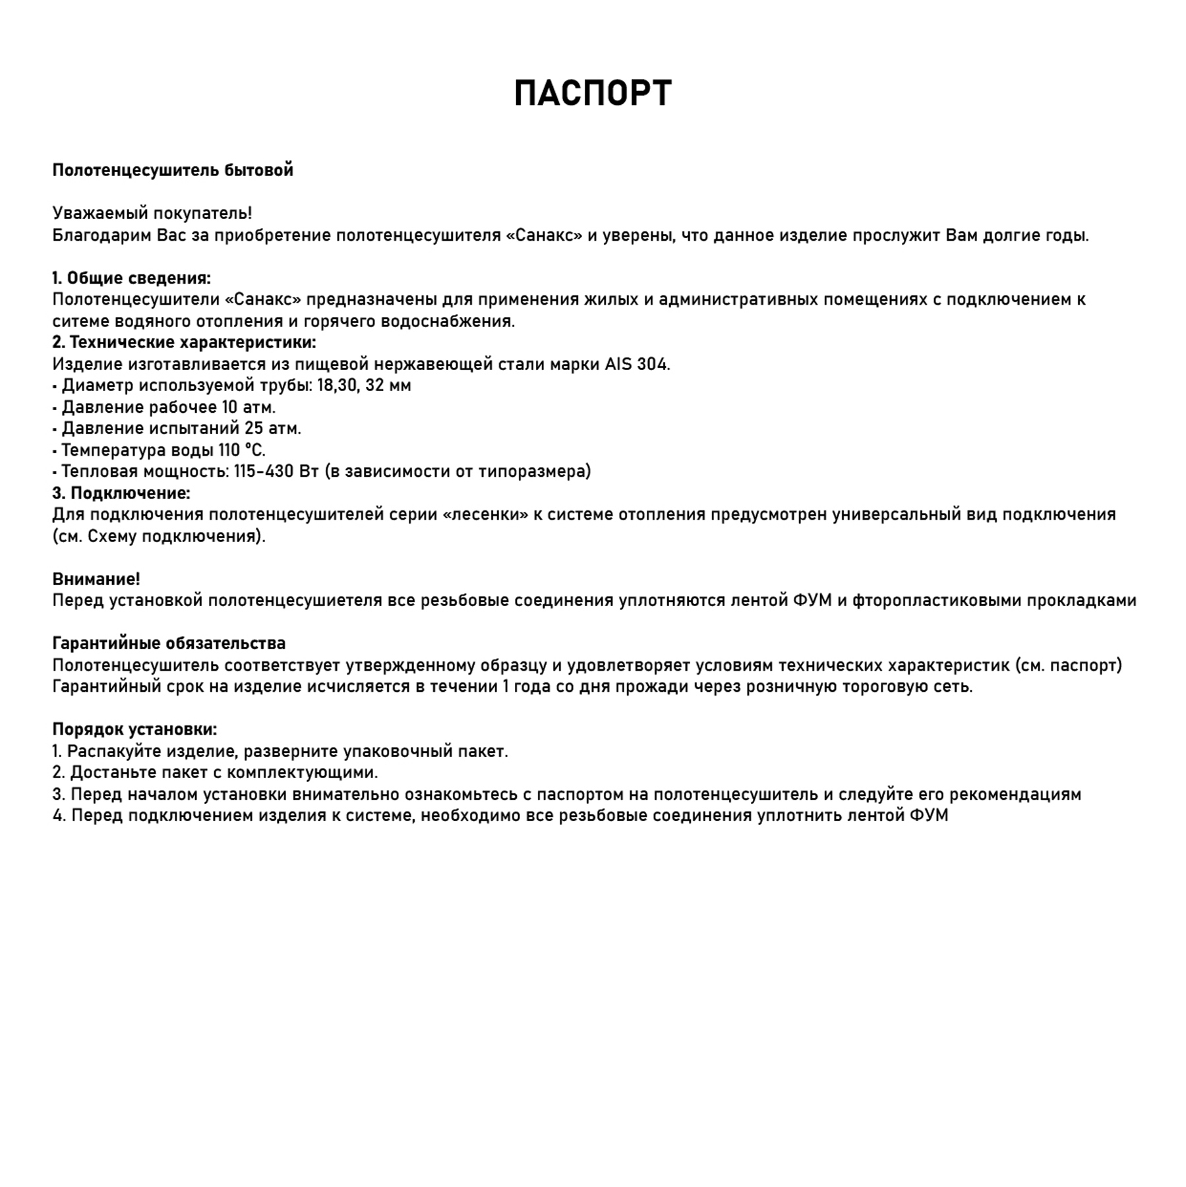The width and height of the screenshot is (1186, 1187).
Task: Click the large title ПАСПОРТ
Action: point(593,93)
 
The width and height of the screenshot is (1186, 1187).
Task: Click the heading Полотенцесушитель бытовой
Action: point(173,170)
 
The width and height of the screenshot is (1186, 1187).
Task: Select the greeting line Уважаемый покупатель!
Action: point(152,214)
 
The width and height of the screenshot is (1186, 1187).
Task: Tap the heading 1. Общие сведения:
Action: point(132,278)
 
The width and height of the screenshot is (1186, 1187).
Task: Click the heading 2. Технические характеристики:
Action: point(185,342)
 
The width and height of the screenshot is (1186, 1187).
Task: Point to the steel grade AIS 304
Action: point(637,364)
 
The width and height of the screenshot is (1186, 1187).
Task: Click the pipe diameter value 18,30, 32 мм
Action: point(364,385)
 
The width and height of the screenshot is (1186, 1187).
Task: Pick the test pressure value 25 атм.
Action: point(273,429)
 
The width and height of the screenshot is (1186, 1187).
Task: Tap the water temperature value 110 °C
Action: point(242,450)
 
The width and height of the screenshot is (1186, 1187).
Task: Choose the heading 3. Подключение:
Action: point(121,493)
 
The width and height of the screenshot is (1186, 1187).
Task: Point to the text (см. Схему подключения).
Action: point(159,536)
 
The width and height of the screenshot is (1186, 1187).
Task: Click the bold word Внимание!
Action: point(96,579)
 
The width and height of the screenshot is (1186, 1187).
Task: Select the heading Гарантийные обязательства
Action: point(169,644)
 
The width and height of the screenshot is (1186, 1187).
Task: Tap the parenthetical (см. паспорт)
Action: point(1067,665)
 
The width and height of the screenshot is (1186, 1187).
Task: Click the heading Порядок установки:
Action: point(134,729)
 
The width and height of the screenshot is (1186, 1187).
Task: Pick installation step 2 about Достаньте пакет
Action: point(216,772)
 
